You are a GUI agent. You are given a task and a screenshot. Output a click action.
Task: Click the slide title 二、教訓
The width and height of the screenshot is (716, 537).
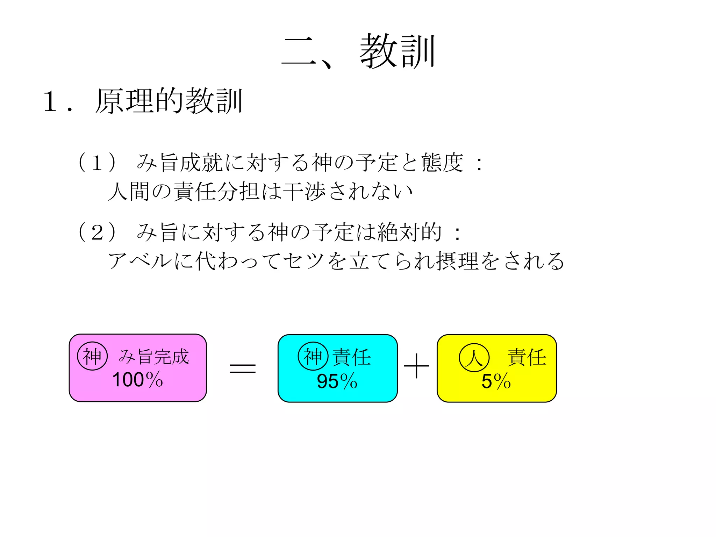click(x=358, y=52)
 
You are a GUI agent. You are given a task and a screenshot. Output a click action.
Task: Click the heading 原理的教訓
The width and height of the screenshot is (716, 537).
click(x=169, y=101)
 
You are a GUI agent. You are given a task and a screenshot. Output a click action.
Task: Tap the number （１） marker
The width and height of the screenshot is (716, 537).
click(x=97, y=163)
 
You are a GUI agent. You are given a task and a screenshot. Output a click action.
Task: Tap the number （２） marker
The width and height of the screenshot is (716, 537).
click(x=97, y=232)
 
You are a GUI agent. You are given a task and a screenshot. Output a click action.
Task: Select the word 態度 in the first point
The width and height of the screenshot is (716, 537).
click(x=442, y=163)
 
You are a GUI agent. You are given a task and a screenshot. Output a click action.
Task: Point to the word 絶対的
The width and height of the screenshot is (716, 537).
click(x=409, y=232)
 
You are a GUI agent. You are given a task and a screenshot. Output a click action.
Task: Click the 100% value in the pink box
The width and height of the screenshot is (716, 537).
click(x=138, y=380)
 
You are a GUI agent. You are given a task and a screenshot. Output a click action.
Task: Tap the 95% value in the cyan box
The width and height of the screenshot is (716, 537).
click(x=337, y=381)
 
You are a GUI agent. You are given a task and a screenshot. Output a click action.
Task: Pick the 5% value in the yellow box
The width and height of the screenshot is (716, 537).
click(x=496, y=381)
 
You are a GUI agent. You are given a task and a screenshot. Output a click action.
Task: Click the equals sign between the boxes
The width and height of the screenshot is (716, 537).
click(x=243, y=368)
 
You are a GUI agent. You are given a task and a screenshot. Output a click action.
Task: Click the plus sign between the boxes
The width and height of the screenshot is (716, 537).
click(x=416, y=366)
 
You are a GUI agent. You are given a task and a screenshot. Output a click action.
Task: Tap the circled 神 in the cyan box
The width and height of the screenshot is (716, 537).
click(x=313, y=357)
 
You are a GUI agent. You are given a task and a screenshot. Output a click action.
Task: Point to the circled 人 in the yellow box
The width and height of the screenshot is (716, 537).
click(x=474, y=358)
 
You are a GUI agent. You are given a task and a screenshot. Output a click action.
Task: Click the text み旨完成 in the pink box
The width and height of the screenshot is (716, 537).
click(x=154, y=357)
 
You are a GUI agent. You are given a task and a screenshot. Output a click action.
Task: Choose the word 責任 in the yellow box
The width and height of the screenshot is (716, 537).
click(x=527, y=358)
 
